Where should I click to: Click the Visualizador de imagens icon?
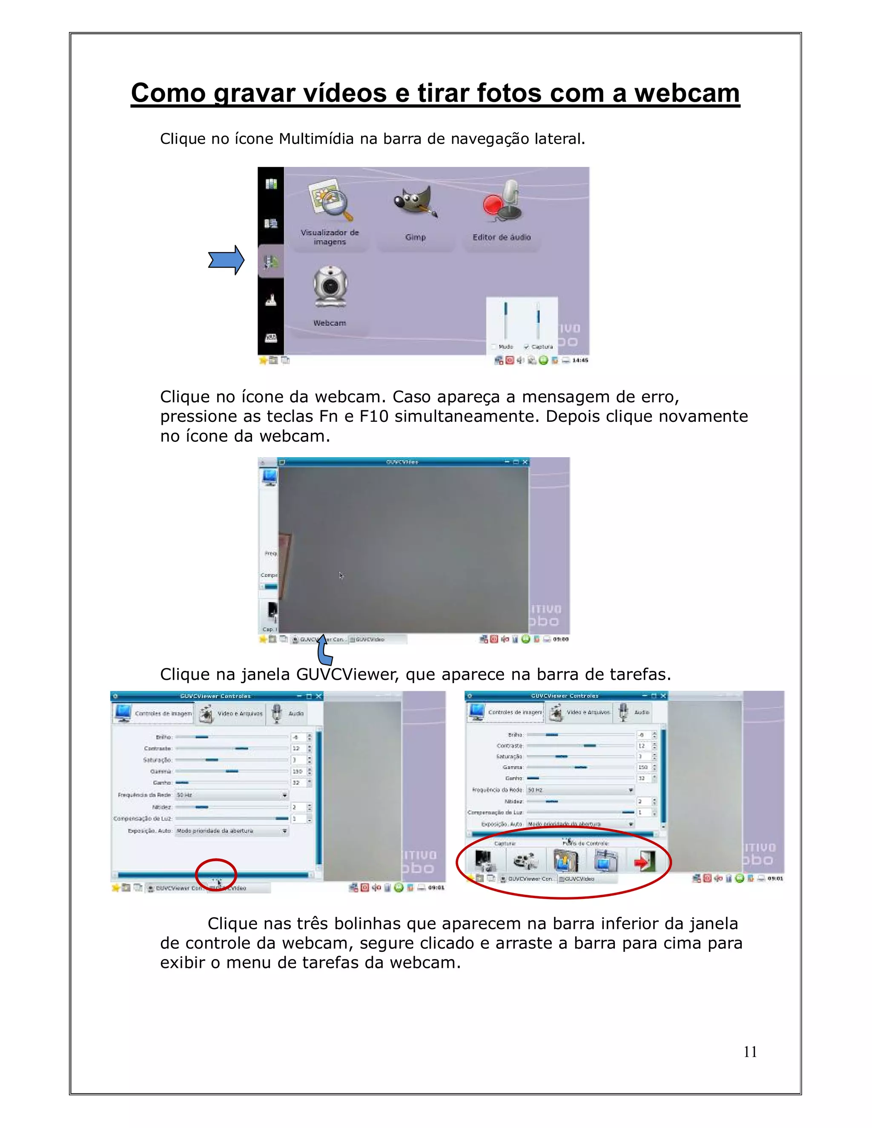(x=330, y=201)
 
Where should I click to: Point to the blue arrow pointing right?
(x=226, y=260)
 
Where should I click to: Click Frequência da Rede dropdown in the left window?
(x=232, y=795)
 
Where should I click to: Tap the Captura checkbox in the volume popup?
(x=526, y=346)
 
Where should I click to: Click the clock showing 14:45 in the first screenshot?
(x=580, y=360)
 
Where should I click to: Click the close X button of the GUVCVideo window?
(x=525, y=462)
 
